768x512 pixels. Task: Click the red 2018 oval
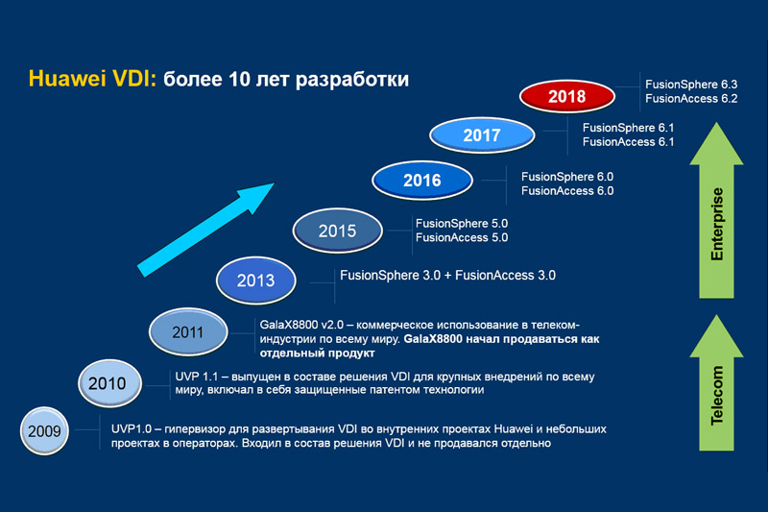[566, 96]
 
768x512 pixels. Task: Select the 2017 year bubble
[482, 134]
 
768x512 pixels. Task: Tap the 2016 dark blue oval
[422, 181]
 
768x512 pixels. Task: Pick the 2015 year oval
[338, 231]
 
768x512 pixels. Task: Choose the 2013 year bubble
[255, 280]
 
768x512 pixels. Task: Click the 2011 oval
[188, 331]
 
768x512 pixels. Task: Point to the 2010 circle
[109, 383]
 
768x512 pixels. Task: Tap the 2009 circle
[44, 431]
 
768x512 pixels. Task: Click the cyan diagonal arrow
[205, 230]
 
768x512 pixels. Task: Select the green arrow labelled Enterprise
[716, 210]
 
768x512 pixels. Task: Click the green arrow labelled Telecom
[716, 383]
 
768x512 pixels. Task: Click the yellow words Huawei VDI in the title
[92, 79]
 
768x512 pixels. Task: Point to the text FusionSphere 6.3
[691, 85]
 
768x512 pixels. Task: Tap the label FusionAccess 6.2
[691, 99]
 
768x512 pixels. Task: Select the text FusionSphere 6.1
[628, 128]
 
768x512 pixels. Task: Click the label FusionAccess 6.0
[567, 190]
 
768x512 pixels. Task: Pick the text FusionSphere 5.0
[462, 224]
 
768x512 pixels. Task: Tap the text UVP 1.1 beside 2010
[197, 377]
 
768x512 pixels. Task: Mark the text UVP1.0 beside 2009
[132, 428]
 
